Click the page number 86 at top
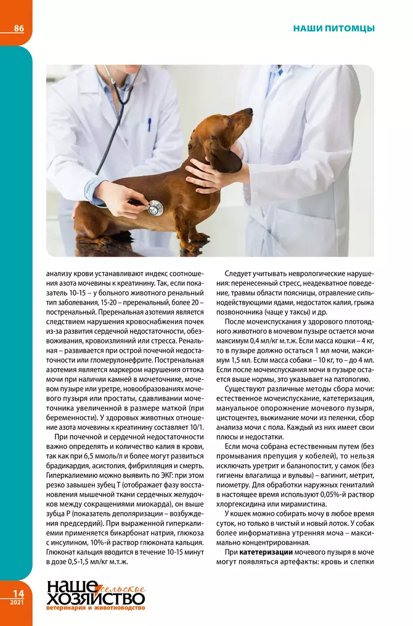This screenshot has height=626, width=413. [18, 28]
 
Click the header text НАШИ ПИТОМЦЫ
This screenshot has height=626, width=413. [333, 28]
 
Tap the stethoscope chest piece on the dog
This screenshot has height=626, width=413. [155, 208]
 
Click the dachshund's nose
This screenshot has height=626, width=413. [250, 111]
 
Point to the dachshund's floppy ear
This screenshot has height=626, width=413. [223, 157]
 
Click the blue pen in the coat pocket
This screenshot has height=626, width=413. [149, 124]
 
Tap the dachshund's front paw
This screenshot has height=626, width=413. [200, 239]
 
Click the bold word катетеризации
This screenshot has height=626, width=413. [266, 553]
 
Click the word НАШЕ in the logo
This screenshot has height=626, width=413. [72, 588]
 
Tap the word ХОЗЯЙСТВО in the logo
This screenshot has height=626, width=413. [96, 599]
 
